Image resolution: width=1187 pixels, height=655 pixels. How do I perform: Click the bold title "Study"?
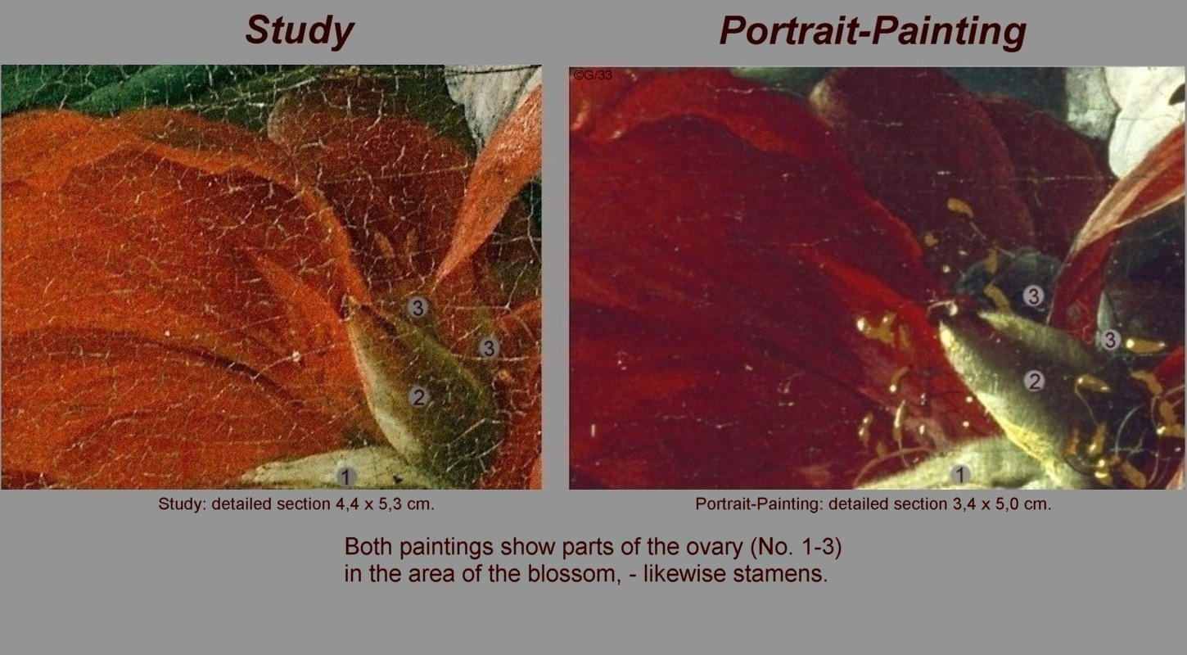point(300,32)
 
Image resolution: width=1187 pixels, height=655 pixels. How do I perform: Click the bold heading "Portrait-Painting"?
point(872,32)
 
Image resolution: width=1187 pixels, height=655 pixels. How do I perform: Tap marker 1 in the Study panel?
point(345,477)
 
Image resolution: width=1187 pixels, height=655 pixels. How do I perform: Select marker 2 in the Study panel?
point(418,397)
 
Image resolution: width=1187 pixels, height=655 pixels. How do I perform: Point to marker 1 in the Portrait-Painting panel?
point(959,475)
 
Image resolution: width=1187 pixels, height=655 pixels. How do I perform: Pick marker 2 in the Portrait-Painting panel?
point(1034,381)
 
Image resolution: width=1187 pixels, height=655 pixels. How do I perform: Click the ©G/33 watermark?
point(593,75)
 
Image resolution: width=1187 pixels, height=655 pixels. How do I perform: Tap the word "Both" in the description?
point(368,546)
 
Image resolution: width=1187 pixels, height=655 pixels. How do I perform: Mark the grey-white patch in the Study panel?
point(490,98)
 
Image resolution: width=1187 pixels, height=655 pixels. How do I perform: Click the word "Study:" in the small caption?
point(183,505)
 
